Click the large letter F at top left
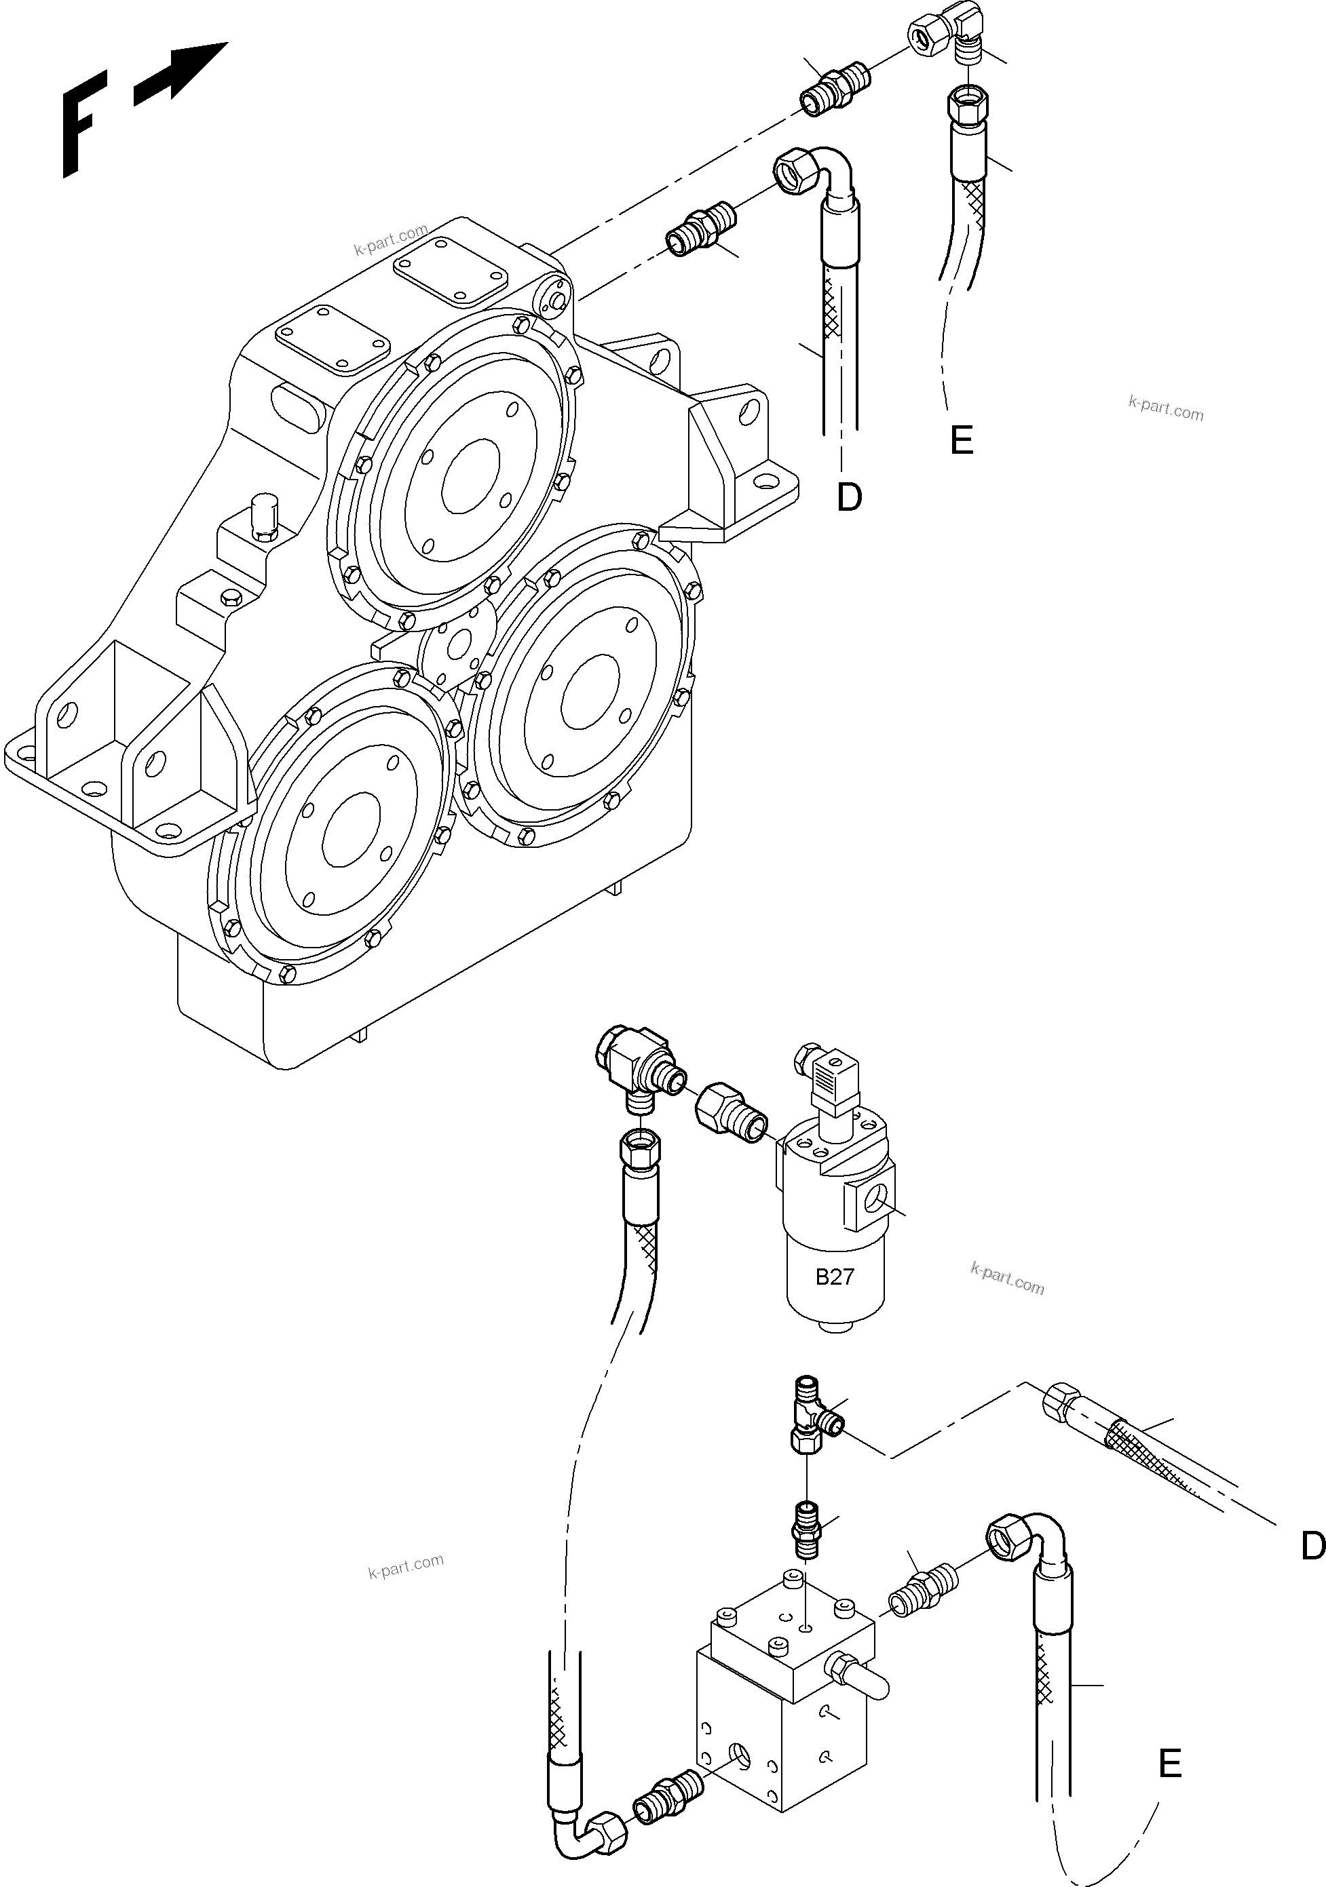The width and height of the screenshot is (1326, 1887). coord(82,123)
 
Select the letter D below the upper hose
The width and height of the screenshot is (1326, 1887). coord(849,497)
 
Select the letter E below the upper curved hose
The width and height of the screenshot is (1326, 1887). coord(961,442)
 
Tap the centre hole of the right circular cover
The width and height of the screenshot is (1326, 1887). coord(590,691)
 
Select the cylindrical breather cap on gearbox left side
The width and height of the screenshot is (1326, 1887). coord(265,518)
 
